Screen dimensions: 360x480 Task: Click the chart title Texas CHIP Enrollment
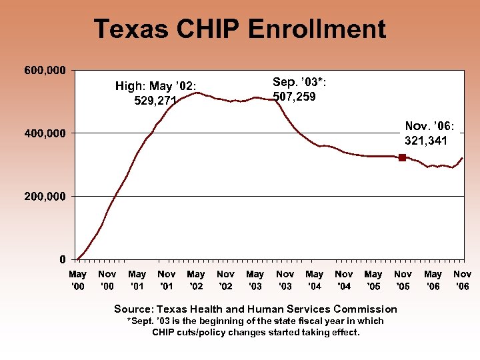tap(239, 29)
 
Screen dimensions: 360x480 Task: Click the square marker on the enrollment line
tap(402, 157)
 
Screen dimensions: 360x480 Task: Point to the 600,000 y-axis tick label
tap(45, 70)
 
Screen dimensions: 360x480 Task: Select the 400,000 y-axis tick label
tap(45, 133)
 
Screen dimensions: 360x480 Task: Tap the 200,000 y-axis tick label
tap(45, 196)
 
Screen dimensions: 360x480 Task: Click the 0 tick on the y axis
tap(62, 259)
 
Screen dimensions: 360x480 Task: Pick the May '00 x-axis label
tap(77, 280)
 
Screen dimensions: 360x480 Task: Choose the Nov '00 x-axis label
tap(107, 280)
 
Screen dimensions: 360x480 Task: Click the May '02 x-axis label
tap(196, 280)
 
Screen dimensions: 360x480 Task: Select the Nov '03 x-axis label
tap(285, 280)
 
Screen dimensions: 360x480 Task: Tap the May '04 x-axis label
tap(314, 280)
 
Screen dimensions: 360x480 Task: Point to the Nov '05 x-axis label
tap(403, 280)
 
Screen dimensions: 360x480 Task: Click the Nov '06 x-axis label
tap(462, 280)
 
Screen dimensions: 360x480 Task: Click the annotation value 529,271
tap(155, 101)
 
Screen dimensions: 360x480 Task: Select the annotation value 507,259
tap(294, 97)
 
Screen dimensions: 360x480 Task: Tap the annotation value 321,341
tap(426, 141)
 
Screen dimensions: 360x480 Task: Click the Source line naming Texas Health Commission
tap(255, 309)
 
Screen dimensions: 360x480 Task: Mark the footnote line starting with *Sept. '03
tap(255, 321)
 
